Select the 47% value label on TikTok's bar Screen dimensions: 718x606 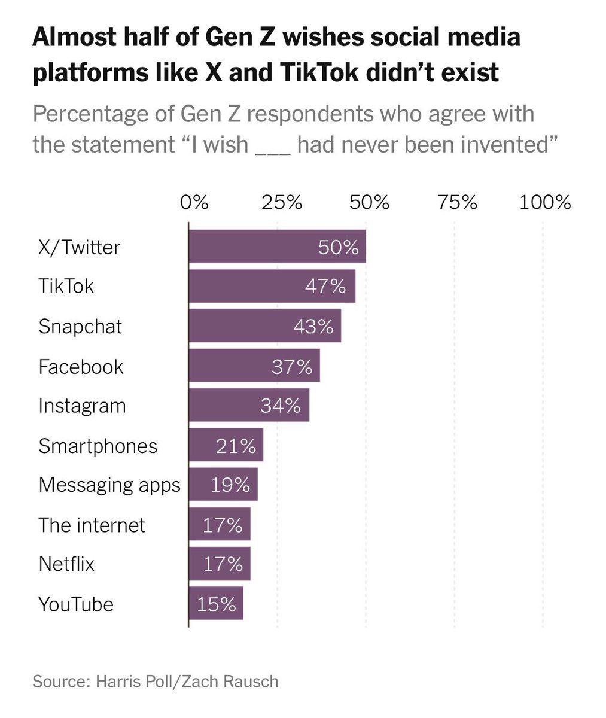(325, 287)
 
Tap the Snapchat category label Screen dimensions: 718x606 (80, 327)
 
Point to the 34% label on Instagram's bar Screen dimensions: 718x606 (280, 406)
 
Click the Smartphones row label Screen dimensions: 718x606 (98, 446)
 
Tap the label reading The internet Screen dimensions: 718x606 (92, 525)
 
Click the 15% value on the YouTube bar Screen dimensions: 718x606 (216, 604)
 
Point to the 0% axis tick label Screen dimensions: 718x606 (194, 203)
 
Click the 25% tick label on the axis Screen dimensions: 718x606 (281, 203)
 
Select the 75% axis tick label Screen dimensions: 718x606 (457, 203)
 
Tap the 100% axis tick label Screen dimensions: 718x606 (545, 203)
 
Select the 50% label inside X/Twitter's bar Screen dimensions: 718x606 (338, 247)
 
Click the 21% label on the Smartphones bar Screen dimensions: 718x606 (236, 446)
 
